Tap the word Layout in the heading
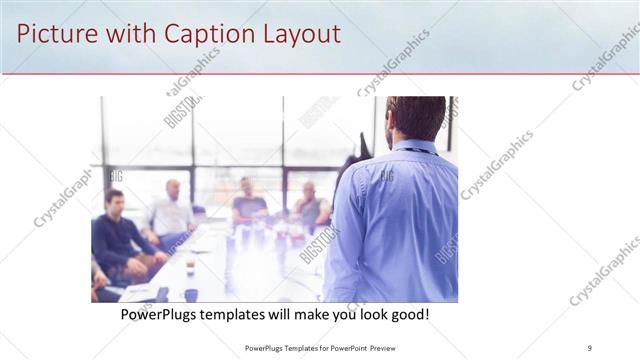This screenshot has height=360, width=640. coord(297,33)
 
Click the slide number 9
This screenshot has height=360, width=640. coord(590,348)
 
